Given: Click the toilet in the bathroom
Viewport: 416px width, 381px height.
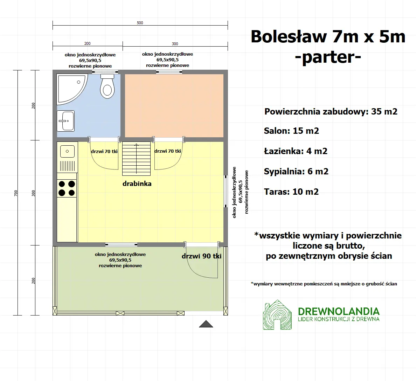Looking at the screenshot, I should [107, 86].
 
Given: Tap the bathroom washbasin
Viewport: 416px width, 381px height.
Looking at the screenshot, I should [65, 121].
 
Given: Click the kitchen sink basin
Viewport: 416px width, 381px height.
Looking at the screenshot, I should [67, 152].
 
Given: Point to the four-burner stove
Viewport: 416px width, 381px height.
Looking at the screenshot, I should [67, 188].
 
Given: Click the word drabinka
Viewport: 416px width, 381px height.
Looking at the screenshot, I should [137, 183].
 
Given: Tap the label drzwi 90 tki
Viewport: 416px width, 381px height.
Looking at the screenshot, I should [201, 256].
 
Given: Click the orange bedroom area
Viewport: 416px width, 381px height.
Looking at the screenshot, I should [174, 105].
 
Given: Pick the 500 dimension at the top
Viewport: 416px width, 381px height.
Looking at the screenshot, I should [140, 23].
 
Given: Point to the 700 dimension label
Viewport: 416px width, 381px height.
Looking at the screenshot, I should [16, 193].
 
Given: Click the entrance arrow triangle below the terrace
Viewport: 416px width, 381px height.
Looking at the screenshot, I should [206, 324].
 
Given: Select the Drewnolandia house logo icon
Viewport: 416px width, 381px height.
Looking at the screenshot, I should [277, 315].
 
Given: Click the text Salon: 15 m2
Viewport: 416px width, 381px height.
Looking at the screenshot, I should [291, 131].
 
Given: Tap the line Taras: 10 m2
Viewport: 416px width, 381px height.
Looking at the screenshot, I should [291, 192].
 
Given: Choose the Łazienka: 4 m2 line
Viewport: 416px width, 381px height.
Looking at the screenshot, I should [296, 151].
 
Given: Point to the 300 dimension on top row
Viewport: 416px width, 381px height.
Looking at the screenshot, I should [175, 44].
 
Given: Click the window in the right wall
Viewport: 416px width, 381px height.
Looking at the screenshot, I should [226, 191].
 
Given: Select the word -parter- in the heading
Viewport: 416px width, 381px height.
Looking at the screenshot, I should [328, 57].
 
